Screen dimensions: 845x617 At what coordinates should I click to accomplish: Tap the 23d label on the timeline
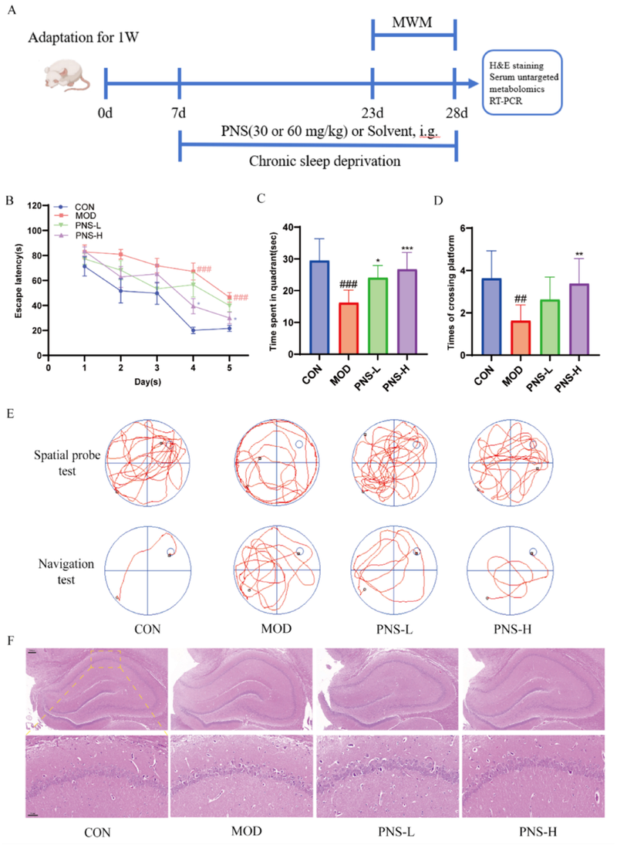click(x=373, y=113)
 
